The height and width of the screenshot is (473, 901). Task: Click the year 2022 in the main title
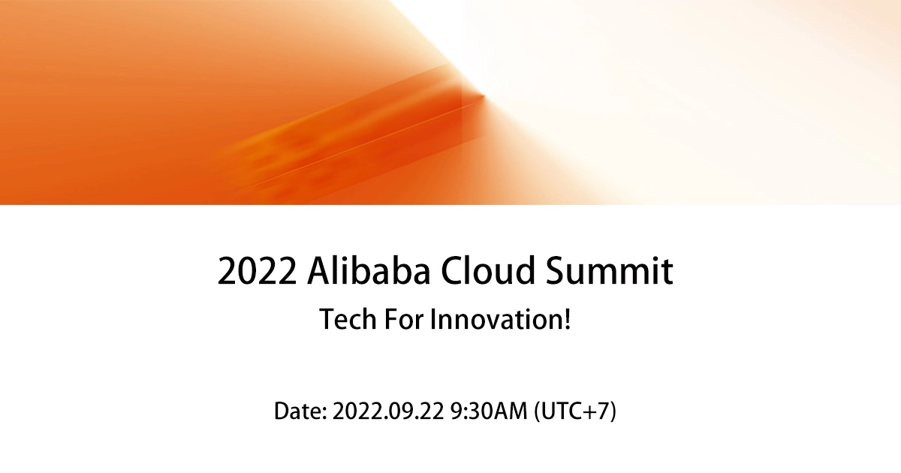[x=255, y=271]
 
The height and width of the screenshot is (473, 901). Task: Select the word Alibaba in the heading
[x=369, y=271]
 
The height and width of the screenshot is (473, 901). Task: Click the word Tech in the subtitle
[x=346, y=319]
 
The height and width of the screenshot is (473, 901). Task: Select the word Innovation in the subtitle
[x=495, y=319]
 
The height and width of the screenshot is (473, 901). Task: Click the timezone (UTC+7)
[x=575, y=411]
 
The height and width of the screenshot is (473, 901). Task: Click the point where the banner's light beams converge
[x=482, y=96]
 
